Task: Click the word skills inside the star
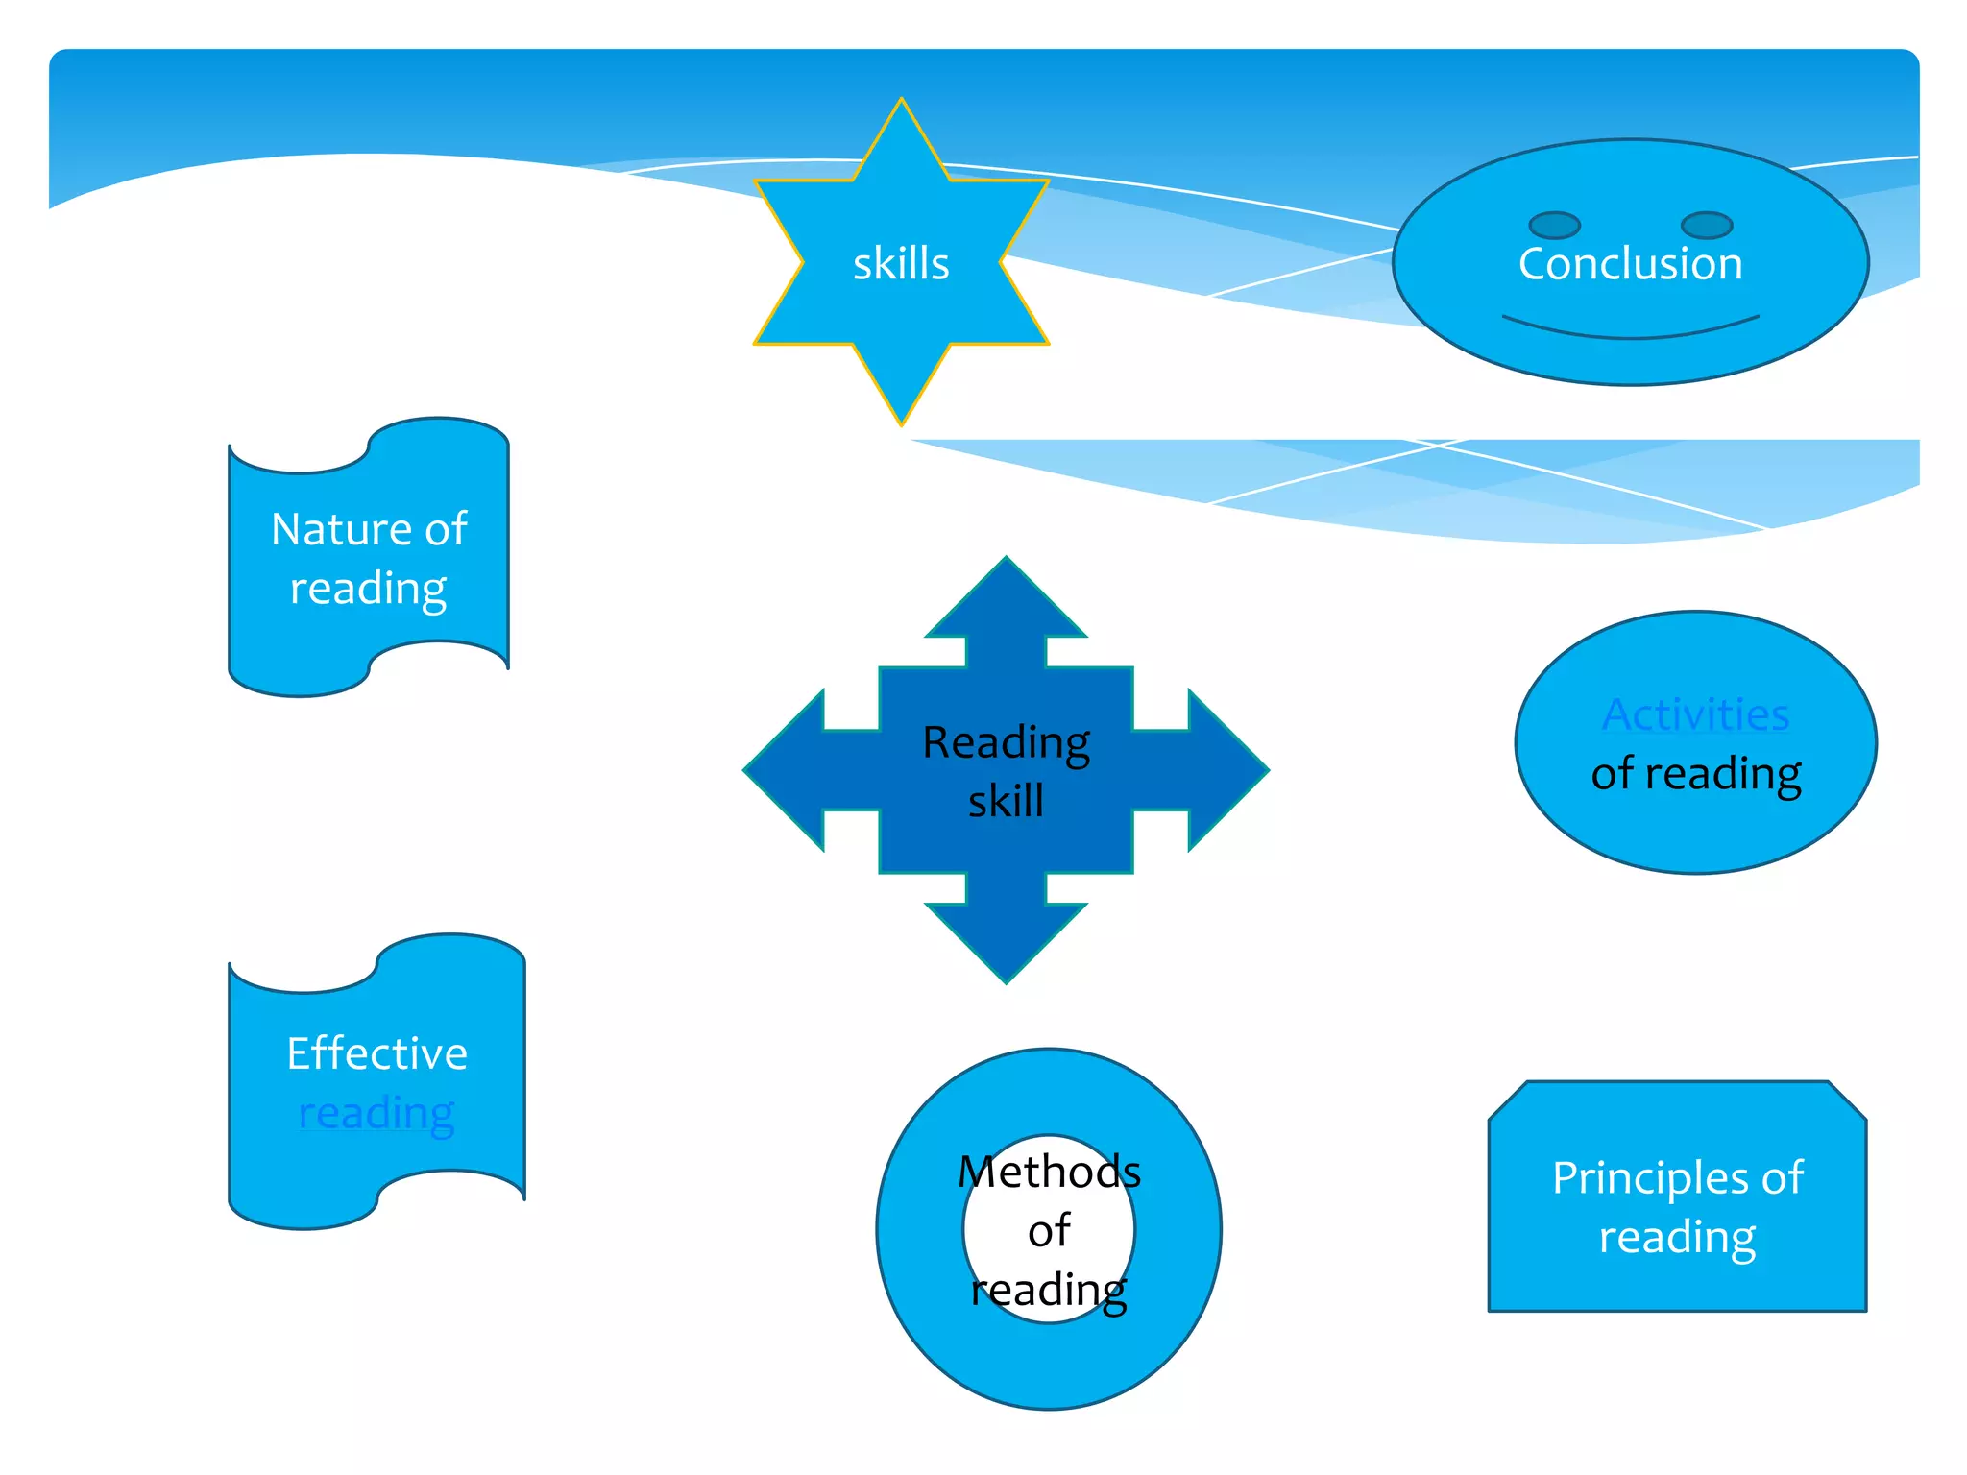[x=900, y=264]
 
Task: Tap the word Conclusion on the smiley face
[x=1630, y=264]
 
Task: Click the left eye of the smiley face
[x=1554, y=226]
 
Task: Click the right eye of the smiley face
[x=1707, y=226]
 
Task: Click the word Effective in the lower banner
[x=376, y=1053]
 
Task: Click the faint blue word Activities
[x=1695, y=714]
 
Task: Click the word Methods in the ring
[x=1049, y=1172]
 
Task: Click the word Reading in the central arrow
[x=1006, y=742]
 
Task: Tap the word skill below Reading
[x=1006, y=801]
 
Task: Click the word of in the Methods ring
[x=1049, y=1231]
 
